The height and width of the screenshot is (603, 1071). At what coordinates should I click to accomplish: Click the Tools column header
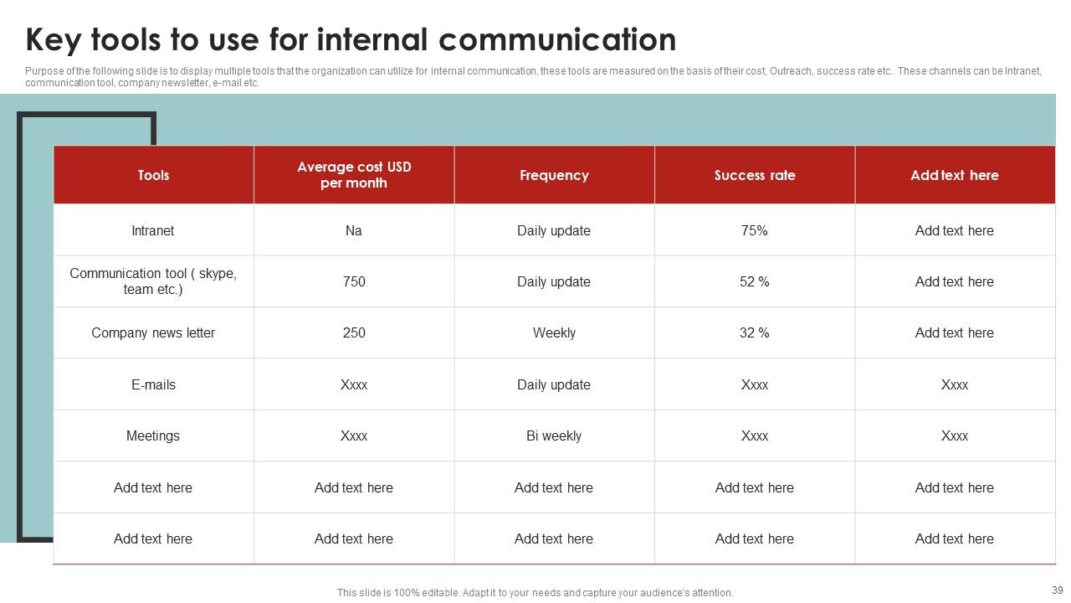[x=153, y=175]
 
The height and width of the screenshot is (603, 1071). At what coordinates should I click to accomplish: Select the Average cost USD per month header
[x=354, y=175]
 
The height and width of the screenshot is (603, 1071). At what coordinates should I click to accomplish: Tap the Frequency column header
[x=554, y=175]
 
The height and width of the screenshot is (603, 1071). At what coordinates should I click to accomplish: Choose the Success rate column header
[x=755, y=175]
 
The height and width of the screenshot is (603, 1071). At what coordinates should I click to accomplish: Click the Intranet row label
[x=153, y=230]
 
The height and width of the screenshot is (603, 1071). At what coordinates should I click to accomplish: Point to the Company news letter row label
[x=153, y=332]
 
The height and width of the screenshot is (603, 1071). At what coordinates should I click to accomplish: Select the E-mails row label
[x=153, y=384]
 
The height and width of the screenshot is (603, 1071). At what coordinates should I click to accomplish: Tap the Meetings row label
[x=153, y=435]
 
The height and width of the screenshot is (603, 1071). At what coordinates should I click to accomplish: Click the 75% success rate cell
[x=755, y=230]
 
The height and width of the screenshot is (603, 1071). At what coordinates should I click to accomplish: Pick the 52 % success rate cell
[x=755, y=281]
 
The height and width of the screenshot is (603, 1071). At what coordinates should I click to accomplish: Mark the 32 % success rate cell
[x=755, y=332]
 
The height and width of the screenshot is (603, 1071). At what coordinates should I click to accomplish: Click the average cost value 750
[x=354, y=281]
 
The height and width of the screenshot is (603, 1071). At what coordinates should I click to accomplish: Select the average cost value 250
[x=354, y=332]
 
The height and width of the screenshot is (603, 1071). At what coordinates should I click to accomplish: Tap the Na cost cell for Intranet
[x=354, y=230]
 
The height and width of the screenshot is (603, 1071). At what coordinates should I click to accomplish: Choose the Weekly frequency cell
[x=554, y=332]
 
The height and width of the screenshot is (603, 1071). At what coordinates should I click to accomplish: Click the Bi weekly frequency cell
[x=554, y=435]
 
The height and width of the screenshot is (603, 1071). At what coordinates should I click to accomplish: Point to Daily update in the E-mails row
[x=554, y=384]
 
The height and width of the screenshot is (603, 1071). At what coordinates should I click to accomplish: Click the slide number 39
[x=1057, y=590]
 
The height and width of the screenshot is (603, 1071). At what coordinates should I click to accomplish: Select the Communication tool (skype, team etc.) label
[x=153, y=281]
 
